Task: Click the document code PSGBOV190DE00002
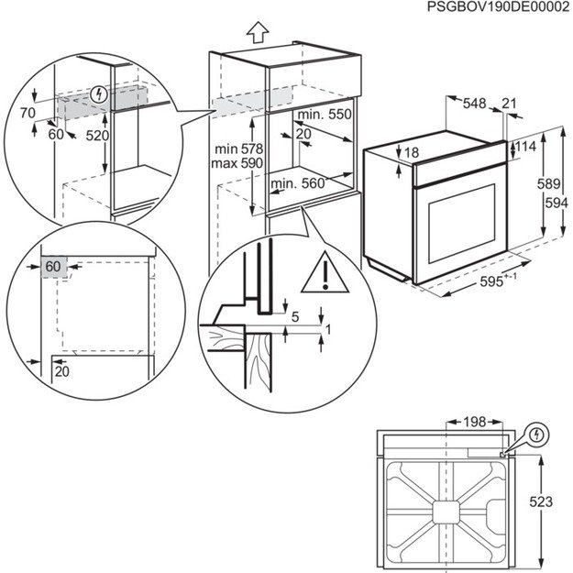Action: coord(498,7)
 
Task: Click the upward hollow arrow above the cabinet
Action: coord(259,32)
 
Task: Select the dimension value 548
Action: coord(474,105)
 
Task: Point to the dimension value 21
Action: coord(509,105)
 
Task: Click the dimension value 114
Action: coord(524,147)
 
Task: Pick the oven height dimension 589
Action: coord(547,184)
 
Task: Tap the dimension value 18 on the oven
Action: coord(412,152)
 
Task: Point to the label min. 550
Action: coord(326,115)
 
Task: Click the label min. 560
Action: coord(299,183)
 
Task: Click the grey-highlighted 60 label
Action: coord(54,267)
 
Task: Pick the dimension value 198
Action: coord(473,423)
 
